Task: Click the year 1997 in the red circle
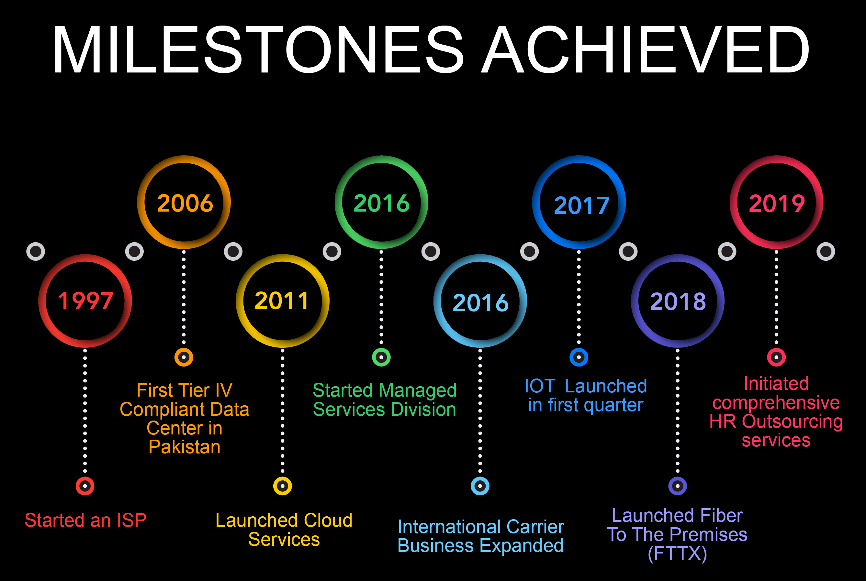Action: tap(85, 301)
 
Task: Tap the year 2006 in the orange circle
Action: tap(185, 203)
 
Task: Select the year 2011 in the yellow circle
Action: tap(282, 301)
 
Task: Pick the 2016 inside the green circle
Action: tap(381, 203)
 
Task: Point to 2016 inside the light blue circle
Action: tap(480, 302)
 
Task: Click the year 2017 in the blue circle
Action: tap(581, 205)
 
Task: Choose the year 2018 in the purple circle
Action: tap(678, 301)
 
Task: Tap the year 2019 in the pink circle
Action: tap(777, 203)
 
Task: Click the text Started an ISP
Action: tap(85, 520)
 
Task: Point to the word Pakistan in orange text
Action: tap(184, 446)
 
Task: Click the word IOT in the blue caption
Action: tap(540, 386)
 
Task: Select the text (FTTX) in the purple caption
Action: tap(677, 553)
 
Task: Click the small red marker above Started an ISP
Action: tap(85, 486)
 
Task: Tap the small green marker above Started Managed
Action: tap(381, 357)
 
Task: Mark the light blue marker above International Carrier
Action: tap(480, 486)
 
